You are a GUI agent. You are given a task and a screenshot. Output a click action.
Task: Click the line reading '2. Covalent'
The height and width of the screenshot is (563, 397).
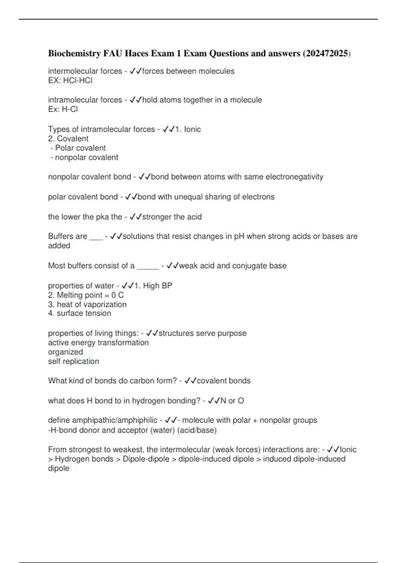(x=68, y=138)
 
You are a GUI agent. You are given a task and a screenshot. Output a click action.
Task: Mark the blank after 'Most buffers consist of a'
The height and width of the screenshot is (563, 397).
(x=148, y=266)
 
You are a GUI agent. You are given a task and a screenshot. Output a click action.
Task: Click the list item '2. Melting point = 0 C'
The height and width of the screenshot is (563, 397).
(x=86, y=295)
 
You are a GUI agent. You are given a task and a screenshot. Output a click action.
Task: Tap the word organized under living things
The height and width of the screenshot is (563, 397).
(x=66, y=352)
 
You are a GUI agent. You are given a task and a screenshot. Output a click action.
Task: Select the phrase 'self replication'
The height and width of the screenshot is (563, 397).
(x=73, y=361)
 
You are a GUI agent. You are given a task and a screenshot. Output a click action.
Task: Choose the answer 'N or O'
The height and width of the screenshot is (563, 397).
(x=232, y=401)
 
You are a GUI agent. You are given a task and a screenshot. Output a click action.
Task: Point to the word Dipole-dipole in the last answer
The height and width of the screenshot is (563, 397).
(x=146, y=459)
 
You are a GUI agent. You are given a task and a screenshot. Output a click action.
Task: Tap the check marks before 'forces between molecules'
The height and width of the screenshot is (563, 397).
(x=135, y=71)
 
